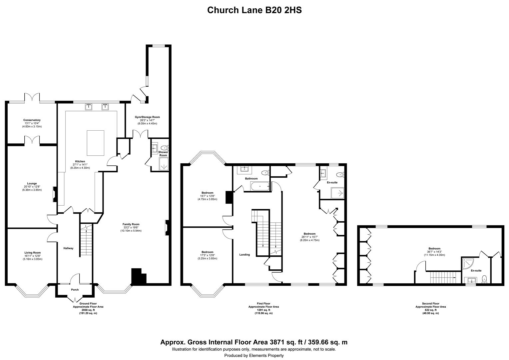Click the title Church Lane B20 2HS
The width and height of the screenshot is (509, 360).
tap(254, 10)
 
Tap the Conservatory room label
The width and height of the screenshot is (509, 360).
tap(32, 120)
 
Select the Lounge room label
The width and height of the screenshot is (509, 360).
tap(32, 184)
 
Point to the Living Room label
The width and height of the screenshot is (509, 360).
tap(33, 253)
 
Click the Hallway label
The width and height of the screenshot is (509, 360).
tap(68, 248)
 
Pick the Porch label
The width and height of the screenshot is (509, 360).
tap(75, 290)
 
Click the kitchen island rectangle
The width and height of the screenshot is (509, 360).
tap(95, 143)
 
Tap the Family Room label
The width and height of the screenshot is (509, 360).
tap(131, 224)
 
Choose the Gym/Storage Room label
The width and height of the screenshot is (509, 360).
tap(147, 117)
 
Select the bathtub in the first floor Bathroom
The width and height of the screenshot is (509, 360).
tap(260, 186)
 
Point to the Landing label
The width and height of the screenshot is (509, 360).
tap(245, 255)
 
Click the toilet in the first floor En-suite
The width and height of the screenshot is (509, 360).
tap(340, 175)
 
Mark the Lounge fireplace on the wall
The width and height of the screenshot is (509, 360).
tap(55, 194)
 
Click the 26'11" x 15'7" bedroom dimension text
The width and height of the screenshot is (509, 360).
tap(309, 237)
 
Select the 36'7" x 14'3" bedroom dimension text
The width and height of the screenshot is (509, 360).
tap(434, 252)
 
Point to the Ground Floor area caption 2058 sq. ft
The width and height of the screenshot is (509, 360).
tap(88, 310)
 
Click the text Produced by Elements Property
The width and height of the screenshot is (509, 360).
tap(254, 355)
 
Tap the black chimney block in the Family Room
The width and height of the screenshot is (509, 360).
tap(138, 277)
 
